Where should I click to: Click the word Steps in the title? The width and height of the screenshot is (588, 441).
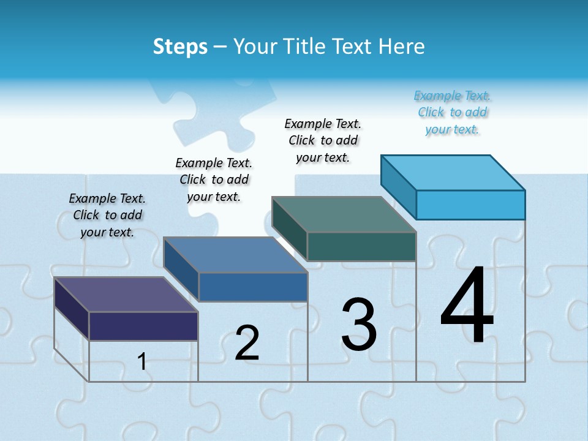[x=180, y=47]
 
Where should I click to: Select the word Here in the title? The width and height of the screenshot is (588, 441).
[x=401, y=47]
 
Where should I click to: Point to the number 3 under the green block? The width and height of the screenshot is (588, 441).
[x=359, y=325]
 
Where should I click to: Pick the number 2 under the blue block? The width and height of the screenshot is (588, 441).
[x=247, y=343]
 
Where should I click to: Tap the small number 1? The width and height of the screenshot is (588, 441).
[x=141, y=361]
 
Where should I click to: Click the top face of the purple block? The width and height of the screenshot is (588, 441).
[x=126, y=294]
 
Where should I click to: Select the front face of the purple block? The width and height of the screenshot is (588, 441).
[x=143, y=326]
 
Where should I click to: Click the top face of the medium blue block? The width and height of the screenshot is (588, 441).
[x=235, y=255]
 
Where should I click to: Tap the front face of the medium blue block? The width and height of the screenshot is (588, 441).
[x=253, y=287]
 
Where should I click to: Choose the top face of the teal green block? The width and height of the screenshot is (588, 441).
[x=344, y=214]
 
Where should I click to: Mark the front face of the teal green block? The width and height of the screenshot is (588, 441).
[x=361, y=246]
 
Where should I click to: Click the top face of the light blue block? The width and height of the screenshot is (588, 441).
[x=453, y=173]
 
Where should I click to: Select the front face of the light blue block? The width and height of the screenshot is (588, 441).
[x=470, y=205]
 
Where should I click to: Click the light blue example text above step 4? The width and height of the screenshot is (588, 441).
[x=453, y=112]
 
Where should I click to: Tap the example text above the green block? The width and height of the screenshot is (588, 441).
[x=323, y=140]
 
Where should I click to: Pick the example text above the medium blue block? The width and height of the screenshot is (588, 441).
[x=214, y=179]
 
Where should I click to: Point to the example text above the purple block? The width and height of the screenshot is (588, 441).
[x=107, y=215]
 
